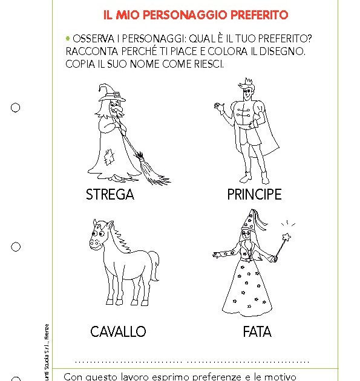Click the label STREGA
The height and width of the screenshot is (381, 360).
pyautogui.click(x=110, y=195)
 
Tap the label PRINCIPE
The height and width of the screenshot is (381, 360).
pyautogui.click(x=254, y=195)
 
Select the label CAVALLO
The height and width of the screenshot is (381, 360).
pyautogui.click(x=118, y=331)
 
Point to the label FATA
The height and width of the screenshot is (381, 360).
pyautogui.click(x=257, y=331)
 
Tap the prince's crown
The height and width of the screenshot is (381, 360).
pyautogui.click(x=244, y=83)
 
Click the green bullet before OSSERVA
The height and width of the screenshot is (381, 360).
pyautogui.click(x=68, y=37)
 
